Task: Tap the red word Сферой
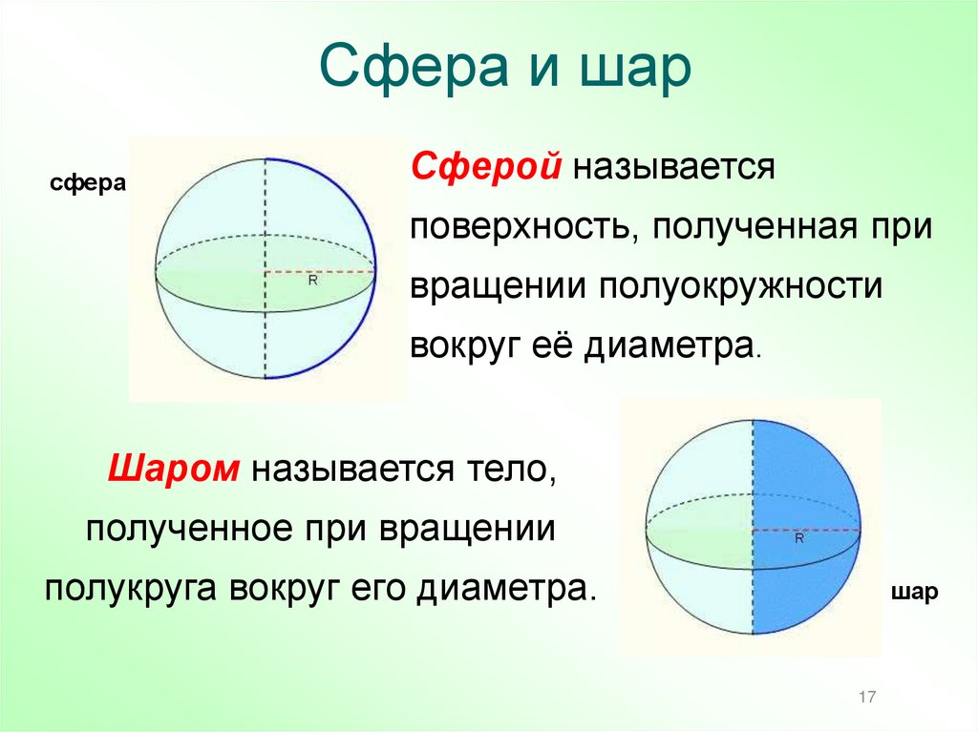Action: (x=485, y=168)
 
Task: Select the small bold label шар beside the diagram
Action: (x=914, y=591)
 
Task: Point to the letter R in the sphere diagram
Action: (x=312, y=282)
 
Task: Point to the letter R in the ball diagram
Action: (x=800, y=538)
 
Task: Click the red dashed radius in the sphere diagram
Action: (x=320, y=271)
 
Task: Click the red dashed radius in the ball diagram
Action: (x=807, y=527)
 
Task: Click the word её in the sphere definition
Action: (x=551, y=344)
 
